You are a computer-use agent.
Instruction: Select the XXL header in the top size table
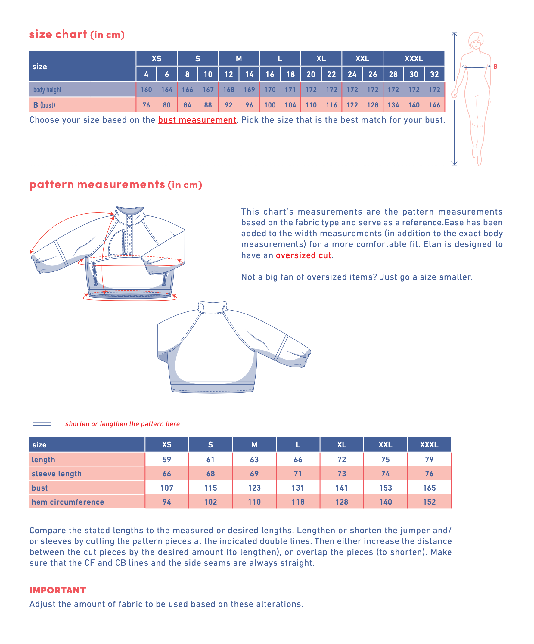click(362, 59)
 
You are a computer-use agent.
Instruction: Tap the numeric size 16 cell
click(270, 74)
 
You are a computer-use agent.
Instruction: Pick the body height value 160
click(146, 90)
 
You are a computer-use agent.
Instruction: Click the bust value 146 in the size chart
click(434, 105)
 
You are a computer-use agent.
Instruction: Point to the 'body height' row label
click(47, 90)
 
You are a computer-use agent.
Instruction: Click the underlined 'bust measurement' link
click(197, 120)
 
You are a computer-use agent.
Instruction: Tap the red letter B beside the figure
click(495, 67)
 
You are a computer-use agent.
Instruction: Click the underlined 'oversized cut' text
click(303, 255)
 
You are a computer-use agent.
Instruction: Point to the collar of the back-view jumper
click(212, 307)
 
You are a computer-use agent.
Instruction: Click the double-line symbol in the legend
click(42, 423)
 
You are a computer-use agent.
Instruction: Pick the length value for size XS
click(166, 460)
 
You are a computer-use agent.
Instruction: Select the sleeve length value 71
click(298, 473)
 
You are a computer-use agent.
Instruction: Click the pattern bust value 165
click(429, 488)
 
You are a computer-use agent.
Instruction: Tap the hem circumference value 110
click(254, 502)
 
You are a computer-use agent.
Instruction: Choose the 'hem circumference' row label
click(68, 502)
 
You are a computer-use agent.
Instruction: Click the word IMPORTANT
click(58, 590)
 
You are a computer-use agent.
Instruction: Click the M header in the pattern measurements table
click(254, 445)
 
